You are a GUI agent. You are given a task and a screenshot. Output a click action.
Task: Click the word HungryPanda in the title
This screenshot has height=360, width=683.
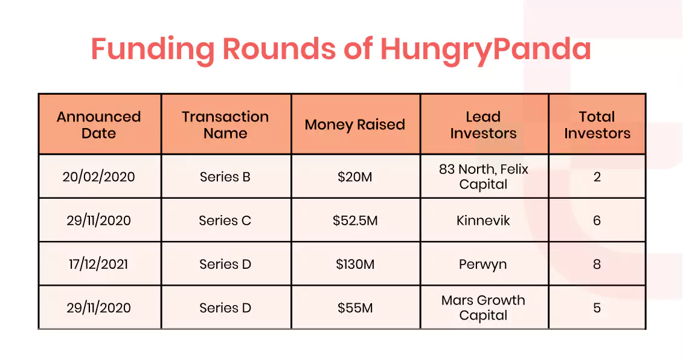(x=486, y=50)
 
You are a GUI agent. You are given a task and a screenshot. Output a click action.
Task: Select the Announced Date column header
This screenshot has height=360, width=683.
(x=99, y=124)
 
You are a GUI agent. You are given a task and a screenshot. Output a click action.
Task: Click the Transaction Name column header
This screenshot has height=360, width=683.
(x=225, y=124)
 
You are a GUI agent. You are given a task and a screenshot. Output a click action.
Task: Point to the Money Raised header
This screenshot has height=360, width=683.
(x=355, y=124)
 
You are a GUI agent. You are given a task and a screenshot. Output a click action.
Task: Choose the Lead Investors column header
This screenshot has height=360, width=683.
(x=484, y=124)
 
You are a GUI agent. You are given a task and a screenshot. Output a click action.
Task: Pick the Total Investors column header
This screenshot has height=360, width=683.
(x=597, y=124)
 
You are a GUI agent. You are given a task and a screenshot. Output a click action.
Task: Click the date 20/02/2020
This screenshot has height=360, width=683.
(x=99, y=177)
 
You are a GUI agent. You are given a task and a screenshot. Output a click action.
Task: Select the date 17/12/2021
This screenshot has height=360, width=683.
(x=99, y=264)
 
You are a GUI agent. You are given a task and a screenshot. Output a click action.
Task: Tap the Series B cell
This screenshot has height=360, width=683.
(x=225, y=177)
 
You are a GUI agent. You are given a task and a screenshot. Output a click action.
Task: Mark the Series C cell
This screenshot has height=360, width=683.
(x=225, y=220)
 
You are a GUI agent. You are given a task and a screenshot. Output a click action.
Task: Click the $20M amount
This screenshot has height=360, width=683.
(x=355, y=177)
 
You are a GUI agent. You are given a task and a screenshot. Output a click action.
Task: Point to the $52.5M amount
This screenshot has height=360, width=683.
(x=355, y=220)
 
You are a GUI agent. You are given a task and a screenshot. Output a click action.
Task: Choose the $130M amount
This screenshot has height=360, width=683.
(x=355, y=264)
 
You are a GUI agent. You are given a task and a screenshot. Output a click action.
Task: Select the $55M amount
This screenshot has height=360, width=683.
(x=355, y=307)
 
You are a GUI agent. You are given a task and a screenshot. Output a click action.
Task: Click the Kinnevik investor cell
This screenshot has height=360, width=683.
(x=484, y=220)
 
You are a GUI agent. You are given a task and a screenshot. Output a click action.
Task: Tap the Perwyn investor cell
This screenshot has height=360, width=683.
(x=483, y=265)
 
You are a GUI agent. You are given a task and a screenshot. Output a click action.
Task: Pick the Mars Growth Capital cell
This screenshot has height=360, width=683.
(x=484, y=307)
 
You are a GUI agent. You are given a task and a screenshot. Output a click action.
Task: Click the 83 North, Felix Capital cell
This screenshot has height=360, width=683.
(x=484, y=176)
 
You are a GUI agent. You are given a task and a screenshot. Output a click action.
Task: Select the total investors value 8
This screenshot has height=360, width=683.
(x=597, y=264)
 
